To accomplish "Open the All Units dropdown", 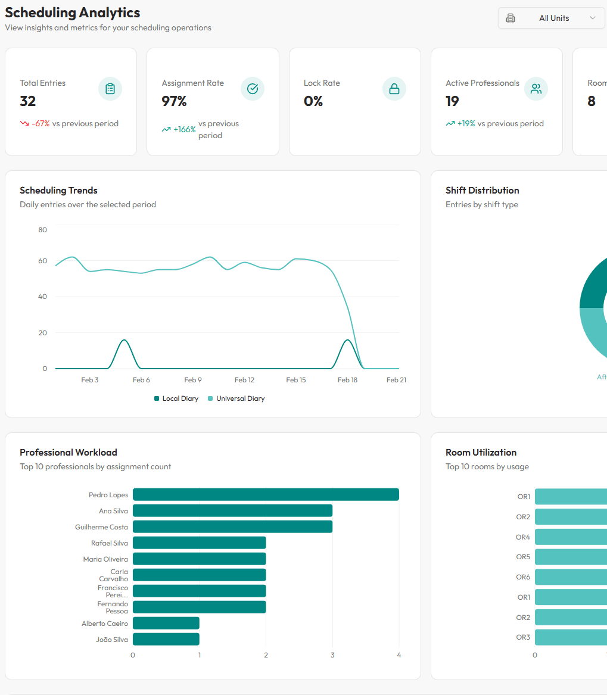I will pos(551,18).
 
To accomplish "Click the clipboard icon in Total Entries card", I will pos(110,89).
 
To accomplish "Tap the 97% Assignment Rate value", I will pos(174,101).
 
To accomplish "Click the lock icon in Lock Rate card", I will pos(394,89).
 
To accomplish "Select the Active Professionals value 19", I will pos(452,101).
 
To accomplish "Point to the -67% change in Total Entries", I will pos(41,124).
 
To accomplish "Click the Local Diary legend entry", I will pos(176,398).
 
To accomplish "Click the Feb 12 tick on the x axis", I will pos(244,380).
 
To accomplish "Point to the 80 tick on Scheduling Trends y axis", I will pos(42,230).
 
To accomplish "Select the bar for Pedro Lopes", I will pos(266,494).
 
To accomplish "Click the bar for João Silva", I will pos(166,639).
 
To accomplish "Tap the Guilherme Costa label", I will pos(101,527).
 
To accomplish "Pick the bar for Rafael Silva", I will pos(199,543).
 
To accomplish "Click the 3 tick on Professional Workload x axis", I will pos(332,655).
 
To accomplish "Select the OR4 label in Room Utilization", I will pos(522,537).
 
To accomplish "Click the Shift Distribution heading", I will pos(482,191).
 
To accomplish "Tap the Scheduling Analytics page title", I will pos(73,13).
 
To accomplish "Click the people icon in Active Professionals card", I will pos(536,89).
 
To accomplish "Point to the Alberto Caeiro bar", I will pos(166,623).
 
